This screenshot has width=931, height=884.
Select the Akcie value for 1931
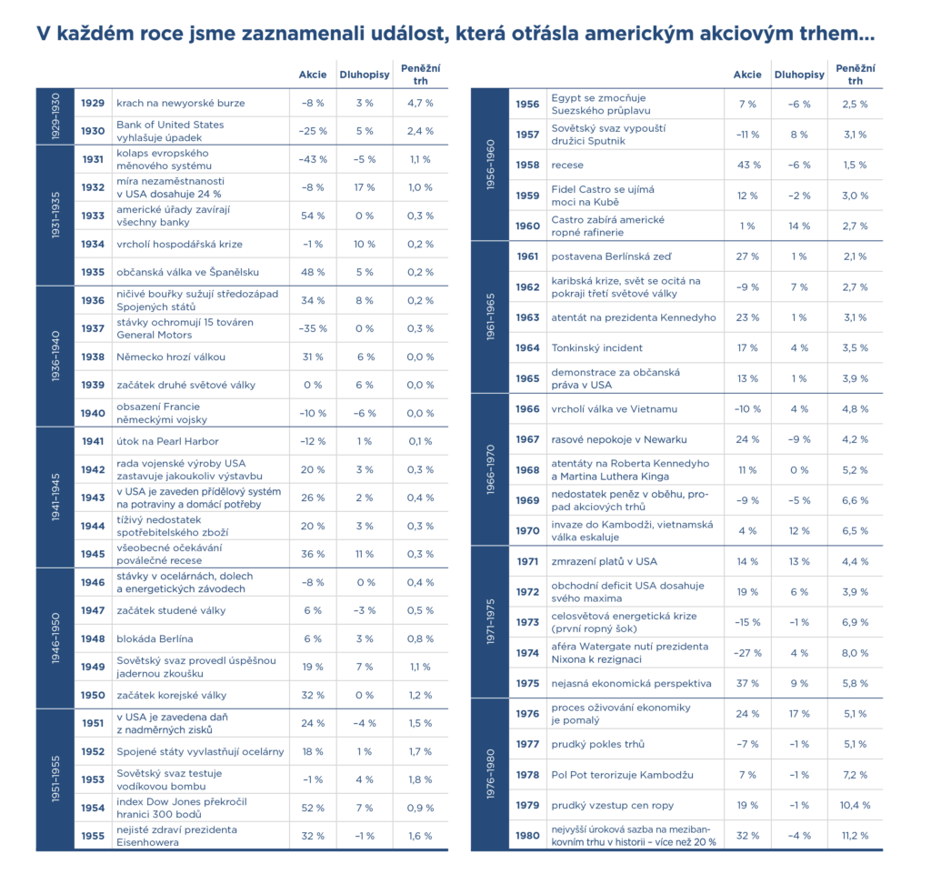(313, 159)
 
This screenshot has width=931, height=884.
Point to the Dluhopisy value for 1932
(365, 187)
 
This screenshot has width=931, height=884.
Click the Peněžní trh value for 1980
(855, 836)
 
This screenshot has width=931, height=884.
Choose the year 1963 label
(528, 317)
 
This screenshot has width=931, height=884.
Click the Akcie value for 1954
(313, 808)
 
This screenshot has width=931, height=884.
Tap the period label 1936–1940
(55, 357)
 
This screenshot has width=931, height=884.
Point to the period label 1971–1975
(490, 620)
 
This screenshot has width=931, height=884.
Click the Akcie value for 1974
(748, 652)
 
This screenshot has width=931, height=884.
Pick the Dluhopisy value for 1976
(799, 714)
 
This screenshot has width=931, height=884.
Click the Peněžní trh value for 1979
(855, 805)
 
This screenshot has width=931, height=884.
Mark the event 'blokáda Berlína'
(155, 638)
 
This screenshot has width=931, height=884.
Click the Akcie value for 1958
(748, 165)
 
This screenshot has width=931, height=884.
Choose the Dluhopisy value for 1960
(799, 226)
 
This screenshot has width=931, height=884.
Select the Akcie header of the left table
(313, 75)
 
